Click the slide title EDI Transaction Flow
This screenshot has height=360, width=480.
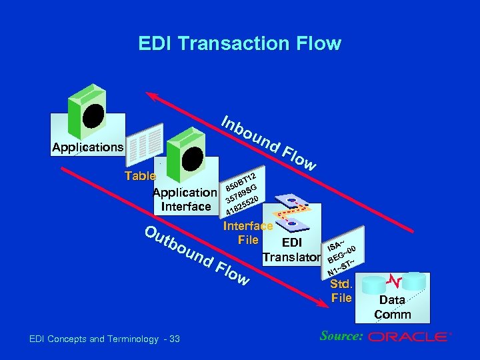pos(239,44)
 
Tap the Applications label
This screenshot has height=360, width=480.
pos(87,147)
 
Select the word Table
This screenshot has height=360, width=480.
pos(140,177)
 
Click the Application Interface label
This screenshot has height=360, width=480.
pos(185,199)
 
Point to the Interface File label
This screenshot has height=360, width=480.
pos(248,233)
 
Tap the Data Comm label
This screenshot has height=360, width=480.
pos(393,307)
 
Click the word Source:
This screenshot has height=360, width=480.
pos(340,336)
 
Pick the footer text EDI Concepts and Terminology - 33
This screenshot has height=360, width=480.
pos(105,339)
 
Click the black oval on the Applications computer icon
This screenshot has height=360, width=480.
pos(93,115)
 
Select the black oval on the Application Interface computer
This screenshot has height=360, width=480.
pos(194,157)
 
